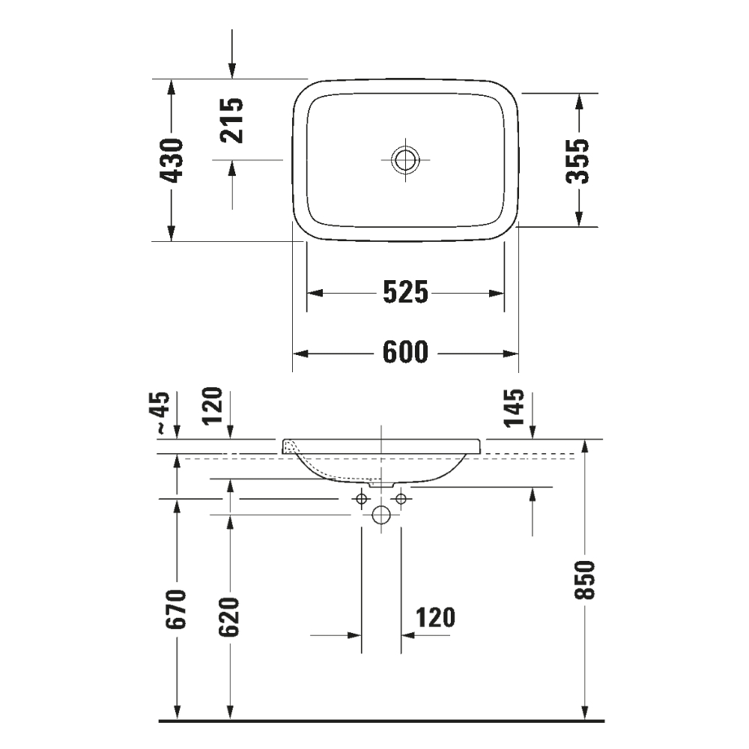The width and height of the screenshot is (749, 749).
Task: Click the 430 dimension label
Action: point(172,160)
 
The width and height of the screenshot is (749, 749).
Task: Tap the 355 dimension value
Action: point(577,160)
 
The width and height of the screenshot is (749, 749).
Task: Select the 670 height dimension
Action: point(178,609)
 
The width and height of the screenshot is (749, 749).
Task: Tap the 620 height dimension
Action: point(230,616)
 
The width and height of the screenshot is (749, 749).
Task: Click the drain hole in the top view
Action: point(404,160)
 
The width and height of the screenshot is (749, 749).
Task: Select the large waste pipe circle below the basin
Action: point(382,515)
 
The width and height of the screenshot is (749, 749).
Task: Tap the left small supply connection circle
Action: point(363,498)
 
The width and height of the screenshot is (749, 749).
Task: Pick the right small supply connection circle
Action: point(401,498)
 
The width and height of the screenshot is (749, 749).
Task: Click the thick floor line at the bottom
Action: point(382,721)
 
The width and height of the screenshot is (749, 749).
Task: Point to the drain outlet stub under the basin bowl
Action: point(383,485)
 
